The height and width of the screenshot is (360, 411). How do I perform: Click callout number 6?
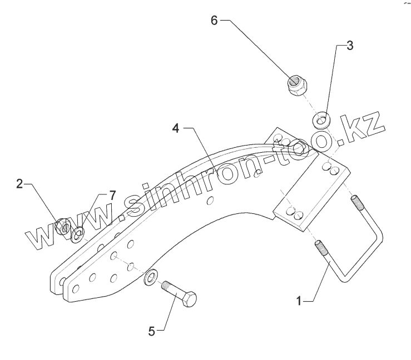click(214, 20)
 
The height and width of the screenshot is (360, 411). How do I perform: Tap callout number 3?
click(349, 46)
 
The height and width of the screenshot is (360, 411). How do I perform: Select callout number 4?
click(175, 128)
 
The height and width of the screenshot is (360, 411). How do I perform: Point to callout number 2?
click(19, 184)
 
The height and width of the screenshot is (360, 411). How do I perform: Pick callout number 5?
click(151, 332)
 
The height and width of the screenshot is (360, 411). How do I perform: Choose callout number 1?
click(299, 301)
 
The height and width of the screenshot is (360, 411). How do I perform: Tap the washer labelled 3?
click(321, 119)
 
